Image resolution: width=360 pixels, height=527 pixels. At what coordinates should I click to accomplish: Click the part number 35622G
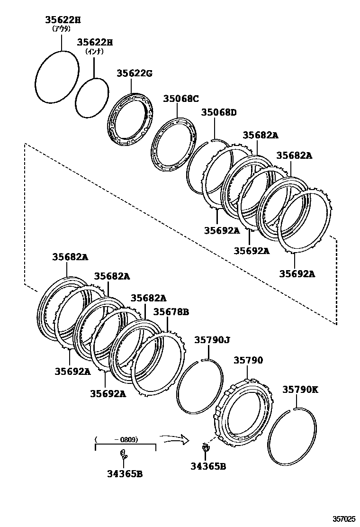135,73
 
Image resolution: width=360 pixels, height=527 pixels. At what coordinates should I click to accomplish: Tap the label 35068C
181,99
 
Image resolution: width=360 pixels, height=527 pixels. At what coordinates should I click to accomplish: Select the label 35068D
218,112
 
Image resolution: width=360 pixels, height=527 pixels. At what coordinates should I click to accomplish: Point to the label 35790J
212,340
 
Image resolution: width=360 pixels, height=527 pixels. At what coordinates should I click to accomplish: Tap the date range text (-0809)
126,439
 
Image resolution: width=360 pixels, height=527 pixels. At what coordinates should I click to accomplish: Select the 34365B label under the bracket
125,473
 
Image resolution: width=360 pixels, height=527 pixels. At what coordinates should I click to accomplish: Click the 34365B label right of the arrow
208,466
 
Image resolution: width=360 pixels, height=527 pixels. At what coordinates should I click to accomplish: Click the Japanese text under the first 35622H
62,28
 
